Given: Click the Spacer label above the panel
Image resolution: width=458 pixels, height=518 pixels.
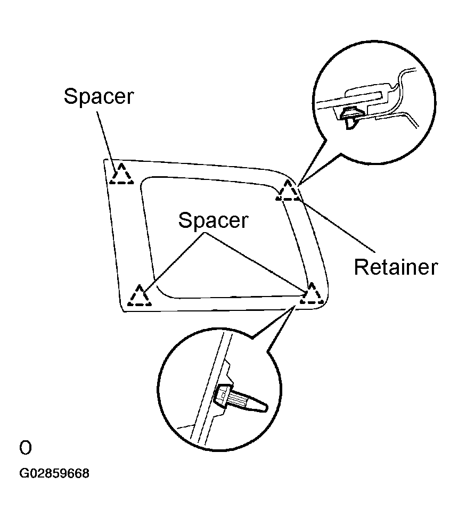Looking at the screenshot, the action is point(99,96).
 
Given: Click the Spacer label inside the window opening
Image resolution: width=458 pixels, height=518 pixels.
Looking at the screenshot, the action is point(214,220).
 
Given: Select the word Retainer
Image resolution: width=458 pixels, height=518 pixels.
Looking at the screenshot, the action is point(396,267).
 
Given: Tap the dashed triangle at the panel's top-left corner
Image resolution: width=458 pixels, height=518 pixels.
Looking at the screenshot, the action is point(121,174).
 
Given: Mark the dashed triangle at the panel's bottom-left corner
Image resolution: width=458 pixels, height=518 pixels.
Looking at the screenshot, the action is point(140,295).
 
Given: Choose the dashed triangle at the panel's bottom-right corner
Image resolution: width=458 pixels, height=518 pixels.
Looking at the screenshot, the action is point(312,293).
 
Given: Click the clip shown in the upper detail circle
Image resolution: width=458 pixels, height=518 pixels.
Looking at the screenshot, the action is point(350,118).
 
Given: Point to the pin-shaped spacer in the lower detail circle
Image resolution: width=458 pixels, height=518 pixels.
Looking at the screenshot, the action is point(240,398).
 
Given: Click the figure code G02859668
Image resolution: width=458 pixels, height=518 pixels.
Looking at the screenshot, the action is point(54,473).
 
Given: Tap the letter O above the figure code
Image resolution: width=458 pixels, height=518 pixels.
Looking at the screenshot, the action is point(26,448).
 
